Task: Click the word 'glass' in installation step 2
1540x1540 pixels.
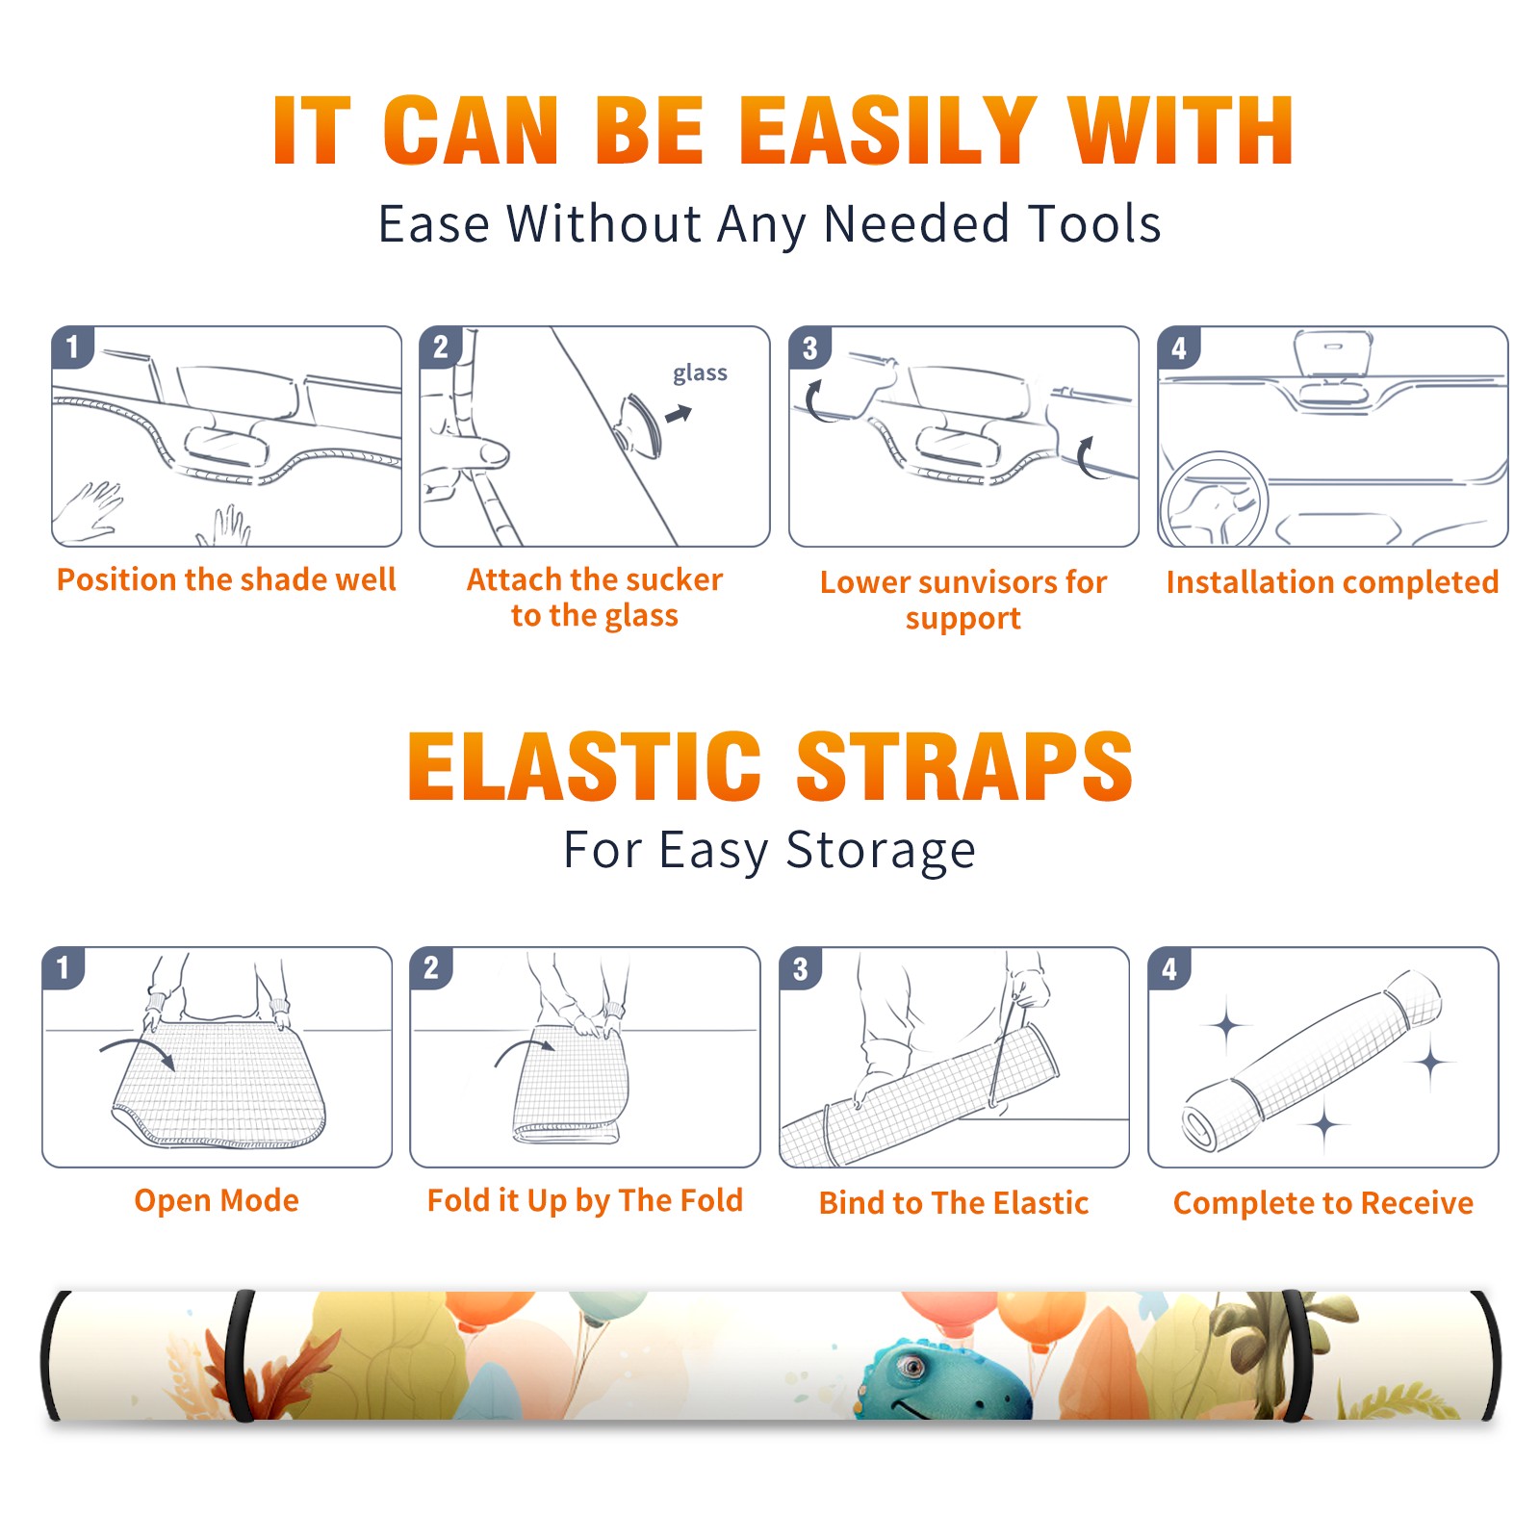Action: click(x=700, y=373)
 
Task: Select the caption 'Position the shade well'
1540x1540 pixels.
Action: click(x=226, y=579)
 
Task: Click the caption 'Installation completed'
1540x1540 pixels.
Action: click(x=1332, y=582)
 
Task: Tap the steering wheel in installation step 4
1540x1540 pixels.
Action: click(x=1213, y=500)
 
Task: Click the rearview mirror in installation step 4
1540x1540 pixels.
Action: click(x=1333, y=354)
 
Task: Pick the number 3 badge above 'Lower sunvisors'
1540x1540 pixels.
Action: click(x=809, y=347)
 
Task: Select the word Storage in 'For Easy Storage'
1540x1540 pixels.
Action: click(x=881, y=851)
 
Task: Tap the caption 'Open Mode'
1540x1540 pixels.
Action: click(x=217, y=1200)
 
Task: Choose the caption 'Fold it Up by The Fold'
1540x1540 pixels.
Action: click(x=585, y=1200)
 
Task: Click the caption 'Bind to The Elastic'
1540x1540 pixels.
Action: click(x=954, y=1203)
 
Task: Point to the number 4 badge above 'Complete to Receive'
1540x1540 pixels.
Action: click(x=1169, y=968)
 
